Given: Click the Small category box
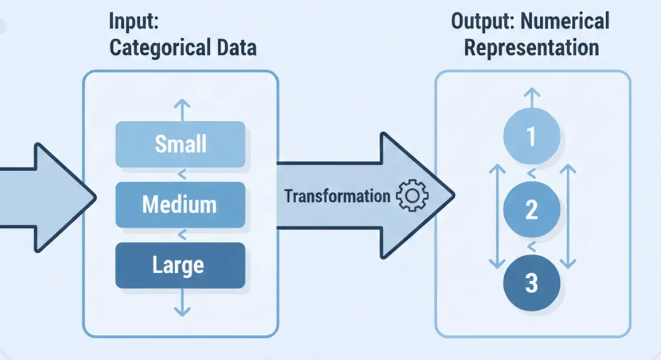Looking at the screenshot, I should (180, 144).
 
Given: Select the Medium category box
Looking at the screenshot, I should (180, 205).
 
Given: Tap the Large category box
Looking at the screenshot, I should (180, 265).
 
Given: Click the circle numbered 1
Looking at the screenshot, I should (532, 136).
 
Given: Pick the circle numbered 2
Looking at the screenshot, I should (532, 209).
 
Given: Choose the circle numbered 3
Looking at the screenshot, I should (532, 283).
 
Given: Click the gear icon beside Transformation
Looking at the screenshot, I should (412, 196).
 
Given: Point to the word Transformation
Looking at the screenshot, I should (337, 196).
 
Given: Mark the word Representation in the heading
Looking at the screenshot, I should (532, 48).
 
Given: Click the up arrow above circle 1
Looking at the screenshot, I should (532, 97).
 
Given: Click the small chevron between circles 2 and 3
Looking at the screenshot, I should (532, 246).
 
